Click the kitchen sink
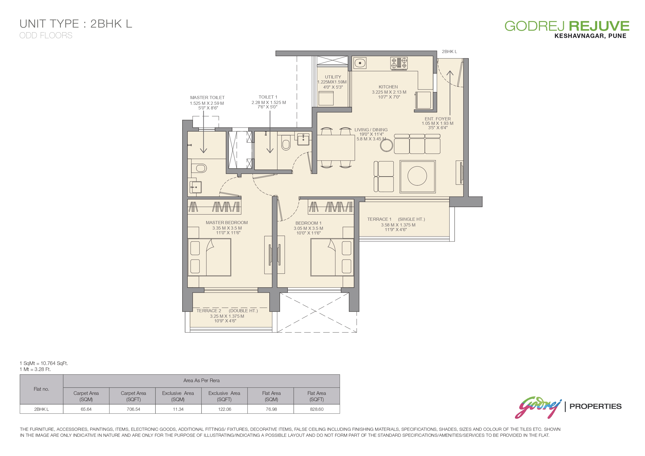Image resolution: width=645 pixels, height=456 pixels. [x=360, y=63]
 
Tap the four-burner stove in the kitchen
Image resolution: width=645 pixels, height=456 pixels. [x=399, y=63]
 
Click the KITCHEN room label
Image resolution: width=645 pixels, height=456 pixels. [x=388, y=87]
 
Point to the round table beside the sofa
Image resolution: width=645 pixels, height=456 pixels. [x=386, y=146]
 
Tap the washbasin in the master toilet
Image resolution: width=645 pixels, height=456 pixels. [x=195, y=187]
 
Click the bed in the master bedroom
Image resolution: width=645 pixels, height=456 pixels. [x=209, y=257]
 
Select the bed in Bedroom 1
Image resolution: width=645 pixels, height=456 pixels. [x=332, y=257]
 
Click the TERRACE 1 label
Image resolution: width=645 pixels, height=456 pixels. [x=379, y=219]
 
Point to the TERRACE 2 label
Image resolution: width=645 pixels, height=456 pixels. [x=209, y=311]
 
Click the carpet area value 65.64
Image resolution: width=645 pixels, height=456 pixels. [x=86, y=409]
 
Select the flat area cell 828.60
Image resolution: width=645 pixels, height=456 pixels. [x=317, y=409]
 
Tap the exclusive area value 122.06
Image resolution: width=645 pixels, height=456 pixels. [x=224, y=409]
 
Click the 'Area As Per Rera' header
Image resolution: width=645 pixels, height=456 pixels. [x=201, y=380]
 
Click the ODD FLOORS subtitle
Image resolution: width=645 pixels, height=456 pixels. [x=46, y=35]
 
